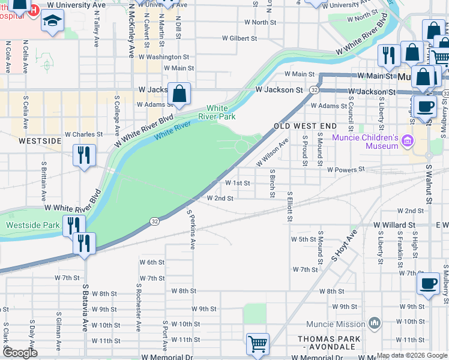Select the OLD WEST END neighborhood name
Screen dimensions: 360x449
(x=306, y=126)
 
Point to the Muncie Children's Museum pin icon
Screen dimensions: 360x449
(x=408, y=142)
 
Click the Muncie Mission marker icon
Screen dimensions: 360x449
(x=375, y=324)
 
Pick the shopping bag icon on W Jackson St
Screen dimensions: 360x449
(x=179, y=94)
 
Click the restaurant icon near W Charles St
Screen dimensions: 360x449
(x=83, y=155)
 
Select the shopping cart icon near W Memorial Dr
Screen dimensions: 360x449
(x=258, y=344)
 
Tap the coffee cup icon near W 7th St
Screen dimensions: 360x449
(x=428, y=283)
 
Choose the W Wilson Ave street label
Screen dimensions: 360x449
(x=273, y=152)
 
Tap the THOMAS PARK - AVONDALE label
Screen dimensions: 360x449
(x=330, y=343)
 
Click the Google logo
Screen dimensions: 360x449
(x=19, y=352)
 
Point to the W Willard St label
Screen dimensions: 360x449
(x=394, y=225)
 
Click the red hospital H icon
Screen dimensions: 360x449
(x=34, y=10)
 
